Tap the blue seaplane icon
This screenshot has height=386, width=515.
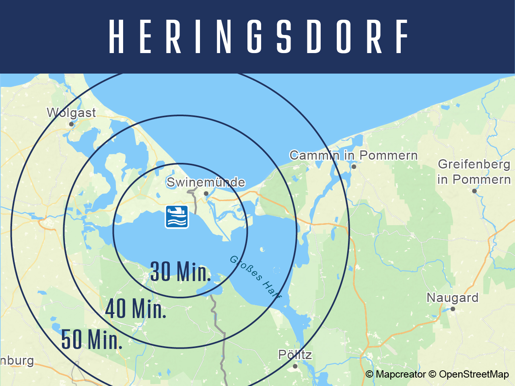click(177, 217)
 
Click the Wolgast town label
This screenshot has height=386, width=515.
click(71, 113)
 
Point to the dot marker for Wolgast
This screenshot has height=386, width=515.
click(71, 124)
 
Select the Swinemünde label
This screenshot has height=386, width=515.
click(206, 182)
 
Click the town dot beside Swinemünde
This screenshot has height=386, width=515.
click(206, 193)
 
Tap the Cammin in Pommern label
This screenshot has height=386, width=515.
click(353, 155)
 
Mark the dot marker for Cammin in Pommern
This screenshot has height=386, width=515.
click(354, 166)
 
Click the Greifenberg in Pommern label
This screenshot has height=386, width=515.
click(474, 172)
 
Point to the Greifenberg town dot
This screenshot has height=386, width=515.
click(474, 191)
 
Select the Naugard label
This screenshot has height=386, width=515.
click(452, 298)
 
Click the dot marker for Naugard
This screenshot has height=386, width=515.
click(453, 309)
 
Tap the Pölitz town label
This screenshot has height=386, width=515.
click(295, 355)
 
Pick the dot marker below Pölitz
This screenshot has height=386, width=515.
click(295, 366)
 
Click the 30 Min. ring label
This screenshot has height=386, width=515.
click(180, 272)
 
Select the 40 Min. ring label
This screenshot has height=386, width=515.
click(136, 309)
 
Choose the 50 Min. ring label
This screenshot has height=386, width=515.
click(91, 339)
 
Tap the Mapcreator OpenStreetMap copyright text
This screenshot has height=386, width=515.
click(437, 374)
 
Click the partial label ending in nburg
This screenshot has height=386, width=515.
click(17, 360)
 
